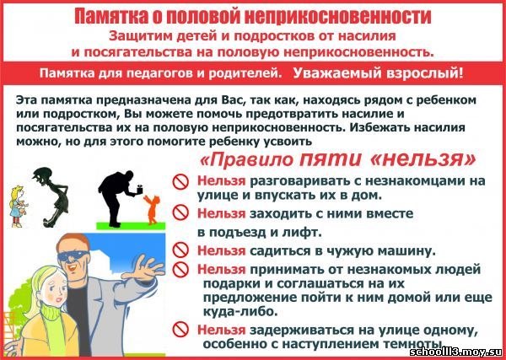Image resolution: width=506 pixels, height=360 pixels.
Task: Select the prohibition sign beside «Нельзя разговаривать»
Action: pos(180,182)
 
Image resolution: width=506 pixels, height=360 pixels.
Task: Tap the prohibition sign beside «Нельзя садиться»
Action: pos(180,250)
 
